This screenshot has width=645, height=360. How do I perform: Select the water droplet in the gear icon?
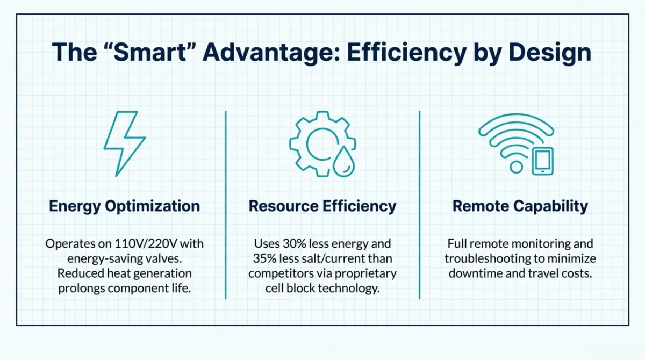(343, 162)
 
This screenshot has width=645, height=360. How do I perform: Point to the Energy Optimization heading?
(124, 206)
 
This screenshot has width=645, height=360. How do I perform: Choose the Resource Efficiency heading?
(322, 206)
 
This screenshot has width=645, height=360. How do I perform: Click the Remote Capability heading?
(520, 206)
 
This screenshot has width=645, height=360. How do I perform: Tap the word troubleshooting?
(487, 259)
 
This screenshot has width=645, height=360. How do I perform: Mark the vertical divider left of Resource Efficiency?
(226, 205)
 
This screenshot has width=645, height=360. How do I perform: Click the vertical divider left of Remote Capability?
(419, 205)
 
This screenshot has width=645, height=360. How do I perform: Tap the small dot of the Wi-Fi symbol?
(516, 167)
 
